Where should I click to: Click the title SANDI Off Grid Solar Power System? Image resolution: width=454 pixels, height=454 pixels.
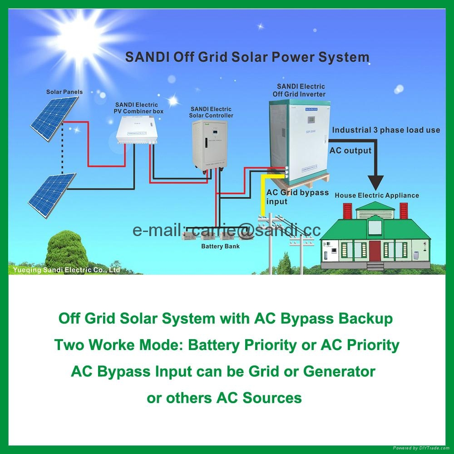point(247,58)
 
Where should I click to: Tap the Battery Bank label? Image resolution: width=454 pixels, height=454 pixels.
point(220,246)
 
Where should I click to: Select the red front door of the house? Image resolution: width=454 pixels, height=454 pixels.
point(375,251)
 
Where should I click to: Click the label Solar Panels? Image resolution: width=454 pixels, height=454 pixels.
point(64,92)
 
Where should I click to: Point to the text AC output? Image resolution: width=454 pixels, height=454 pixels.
point(350,151)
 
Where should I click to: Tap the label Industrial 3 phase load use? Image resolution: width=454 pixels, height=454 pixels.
point(386,130)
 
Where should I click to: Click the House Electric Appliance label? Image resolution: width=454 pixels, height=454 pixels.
point(377,195)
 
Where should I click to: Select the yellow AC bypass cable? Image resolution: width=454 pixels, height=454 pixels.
point(262,195)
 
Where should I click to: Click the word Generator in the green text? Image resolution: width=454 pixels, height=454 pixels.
point(339,371)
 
